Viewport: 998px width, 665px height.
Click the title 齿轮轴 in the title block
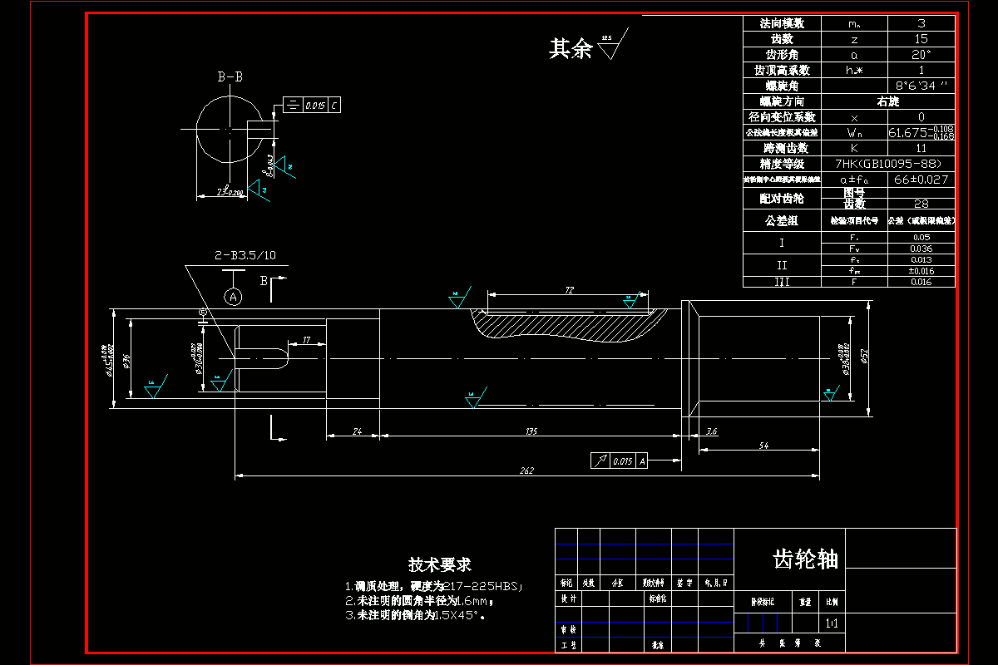[805, 559]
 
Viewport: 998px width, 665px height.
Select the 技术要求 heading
[439, 564]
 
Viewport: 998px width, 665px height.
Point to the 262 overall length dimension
[526, 470]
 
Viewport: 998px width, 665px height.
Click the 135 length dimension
[531, 431]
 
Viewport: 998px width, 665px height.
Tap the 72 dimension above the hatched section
[570, 290]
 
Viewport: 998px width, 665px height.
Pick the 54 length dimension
[763, 446]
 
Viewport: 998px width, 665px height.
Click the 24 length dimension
[357, 431]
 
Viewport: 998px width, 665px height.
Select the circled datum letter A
[234, 296]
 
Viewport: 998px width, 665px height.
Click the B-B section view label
[230, 77]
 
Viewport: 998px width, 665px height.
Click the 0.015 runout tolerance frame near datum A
[619, 461]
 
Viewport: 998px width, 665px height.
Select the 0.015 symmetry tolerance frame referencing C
[312, 106]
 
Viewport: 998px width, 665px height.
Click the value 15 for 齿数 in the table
[921, 39]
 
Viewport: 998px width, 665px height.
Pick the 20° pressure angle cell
[921, 55]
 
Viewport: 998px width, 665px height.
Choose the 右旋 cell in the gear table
[887, 101]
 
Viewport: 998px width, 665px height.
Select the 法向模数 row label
[782, 23]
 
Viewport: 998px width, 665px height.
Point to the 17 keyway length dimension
[307, 340]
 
